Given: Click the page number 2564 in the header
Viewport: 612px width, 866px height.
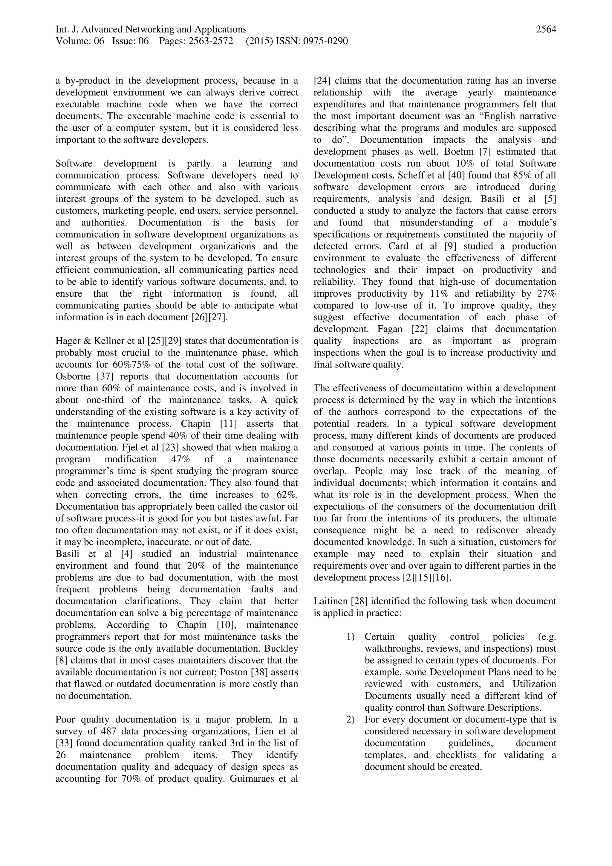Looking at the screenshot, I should [546, 29].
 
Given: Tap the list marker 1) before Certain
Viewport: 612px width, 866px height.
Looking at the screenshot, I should [351, 637].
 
